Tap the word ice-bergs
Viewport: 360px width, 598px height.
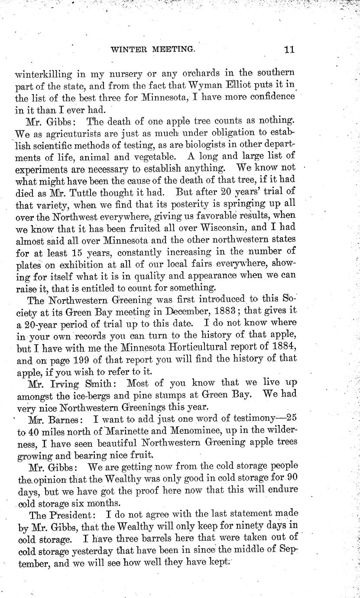click(93, 396)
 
